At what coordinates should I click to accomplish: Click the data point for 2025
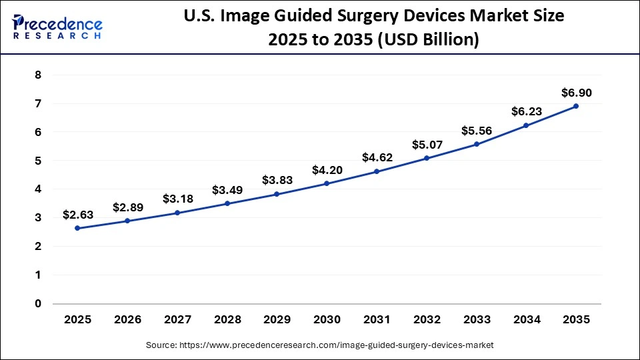point(77,228)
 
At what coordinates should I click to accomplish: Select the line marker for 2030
point(327,183)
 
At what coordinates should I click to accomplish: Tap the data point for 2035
point(576,106)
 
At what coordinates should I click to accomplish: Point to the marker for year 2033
point(477,144)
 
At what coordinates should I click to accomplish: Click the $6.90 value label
point(576,93)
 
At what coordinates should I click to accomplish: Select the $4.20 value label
point(327,170)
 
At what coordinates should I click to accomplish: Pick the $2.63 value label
point(77,215)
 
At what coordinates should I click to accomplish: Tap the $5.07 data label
point(427,145)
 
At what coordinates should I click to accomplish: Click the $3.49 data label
point(227,190)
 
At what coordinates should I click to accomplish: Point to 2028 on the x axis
point(227,320)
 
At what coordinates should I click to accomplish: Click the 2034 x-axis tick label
point(526,320)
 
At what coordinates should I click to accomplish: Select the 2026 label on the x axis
point(127,320)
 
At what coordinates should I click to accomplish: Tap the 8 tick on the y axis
point(38,75)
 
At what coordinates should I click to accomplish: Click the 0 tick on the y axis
point(38,303)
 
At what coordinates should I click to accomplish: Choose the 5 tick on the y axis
point(38,161)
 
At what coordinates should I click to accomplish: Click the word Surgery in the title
point(373,17)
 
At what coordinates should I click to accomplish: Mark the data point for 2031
point(377,171)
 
